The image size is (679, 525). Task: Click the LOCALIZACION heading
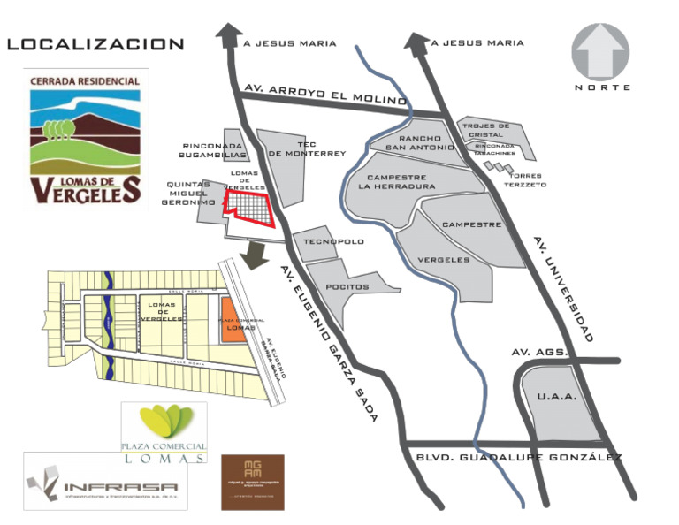click(x=95, y=44)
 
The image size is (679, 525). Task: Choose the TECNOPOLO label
click(x=328, y=241)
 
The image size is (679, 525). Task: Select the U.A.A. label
click(x=557, y=397)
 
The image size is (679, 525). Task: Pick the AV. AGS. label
click(x=537, y=353)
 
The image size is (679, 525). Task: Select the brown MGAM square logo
click(x=253, y=481)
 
